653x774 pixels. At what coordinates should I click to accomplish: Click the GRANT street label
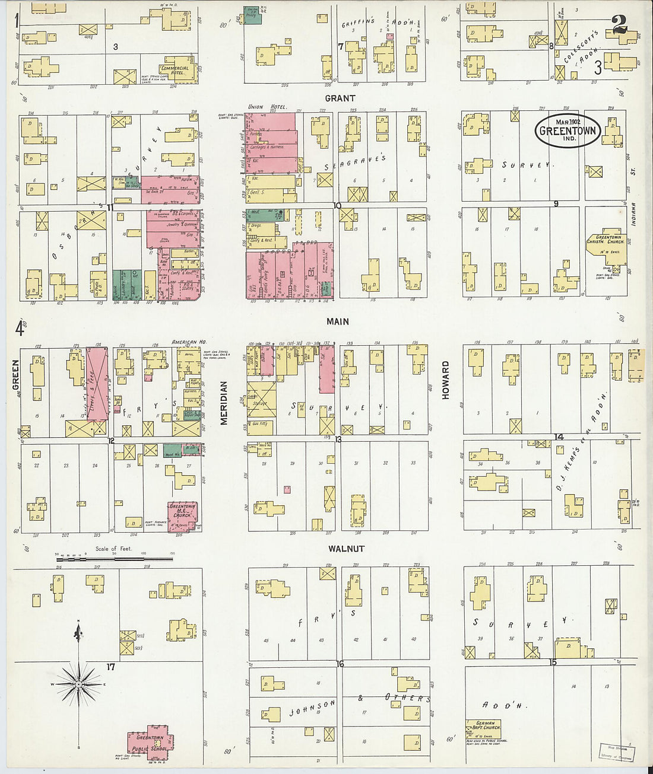(x=340, y=98)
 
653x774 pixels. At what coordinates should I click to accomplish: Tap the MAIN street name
(x=337, y=321)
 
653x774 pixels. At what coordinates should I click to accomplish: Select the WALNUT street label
(x=346, y=549)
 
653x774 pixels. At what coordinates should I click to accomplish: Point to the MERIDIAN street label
(x=224, y=403)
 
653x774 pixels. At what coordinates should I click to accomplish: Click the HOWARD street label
(x=445, y=380)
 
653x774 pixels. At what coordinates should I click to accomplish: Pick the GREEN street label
(x=16, y=375)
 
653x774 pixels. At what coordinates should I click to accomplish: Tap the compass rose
(x=78, y=684)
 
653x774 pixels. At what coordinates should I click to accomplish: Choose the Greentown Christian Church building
(x=605, y=244)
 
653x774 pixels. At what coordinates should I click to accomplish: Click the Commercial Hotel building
(x=176, y=70)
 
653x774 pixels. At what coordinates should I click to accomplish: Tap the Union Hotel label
(x=267, y=107)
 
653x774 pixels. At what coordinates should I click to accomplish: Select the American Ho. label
(x=188, y=342)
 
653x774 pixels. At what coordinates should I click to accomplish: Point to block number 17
(x=110, y=667)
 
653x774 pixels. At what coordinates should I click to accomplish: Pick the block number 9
(x=556, y=204)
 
